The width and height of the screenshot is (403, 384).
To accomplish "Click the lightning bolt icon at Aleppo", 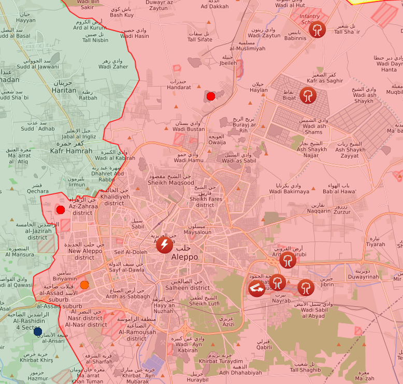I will [165, 244].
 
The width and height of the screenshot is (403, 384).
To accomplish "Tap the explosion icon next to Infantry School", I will [318, 30].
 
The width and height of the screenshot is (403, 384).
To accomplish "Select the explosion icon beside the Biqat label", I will [308, 95].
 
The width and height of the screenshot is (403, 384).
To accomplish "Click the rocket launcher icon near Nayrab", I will [257, 288].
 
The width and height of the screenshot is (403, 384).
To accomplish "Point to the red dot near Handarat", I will [210, 96].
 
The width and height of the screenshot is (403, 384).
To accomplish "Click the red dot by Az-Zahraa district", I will [61, 209].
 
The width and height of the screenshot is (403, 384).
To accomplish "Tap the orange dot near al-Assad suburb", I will [84, 285].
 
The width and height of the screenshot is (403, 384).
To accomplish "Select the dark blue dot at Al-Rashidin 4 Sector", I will [38, 331].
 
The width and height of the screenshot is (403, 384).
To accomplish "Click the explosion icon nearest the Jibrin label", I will [306, 287].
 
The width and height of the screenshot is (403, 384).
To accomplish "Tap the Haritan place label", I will [64, 90].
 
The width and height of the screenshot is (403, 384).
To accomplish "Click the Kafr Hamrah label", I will [71, 151].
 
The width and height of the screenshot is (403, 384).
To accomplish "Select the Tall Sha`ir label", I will [347, 32].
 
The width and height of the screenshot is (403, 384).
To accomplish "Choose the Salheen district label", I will [188, 288].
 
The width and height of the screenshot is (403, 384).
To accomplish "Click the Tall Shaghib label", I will [305, 369].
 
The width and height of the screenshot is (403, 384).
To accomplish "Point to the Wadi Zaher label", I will [113, 66].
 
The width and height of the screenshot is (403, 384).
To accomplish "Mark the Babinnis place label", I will [295, 38].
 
